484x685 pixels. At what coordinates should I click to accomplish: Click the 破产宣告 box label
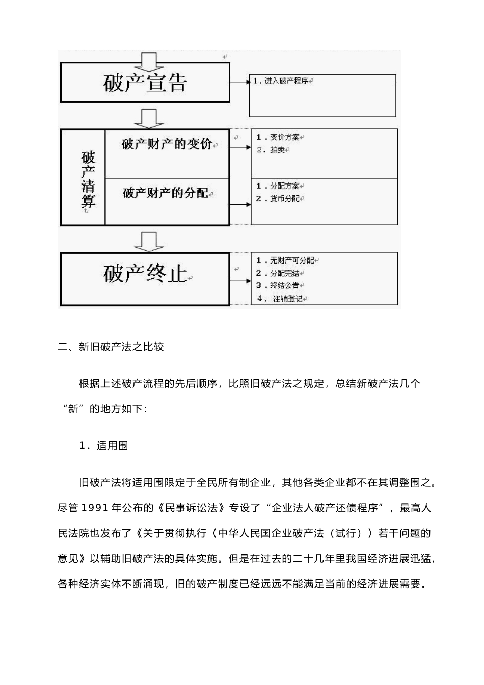point(145,83)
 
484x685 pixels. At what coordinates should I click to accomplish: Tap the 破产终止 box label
point(145,274)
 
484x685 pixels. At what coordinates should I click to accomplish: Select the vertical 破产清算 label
point(88,178)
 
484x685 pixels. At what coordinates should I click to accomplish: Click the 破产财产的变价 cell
point(167,144)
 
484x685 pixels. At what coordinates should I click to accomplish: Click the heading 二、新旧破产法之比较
point(111,347)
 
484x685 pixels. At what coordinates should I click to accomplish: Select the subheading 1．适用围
point(103,445)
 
